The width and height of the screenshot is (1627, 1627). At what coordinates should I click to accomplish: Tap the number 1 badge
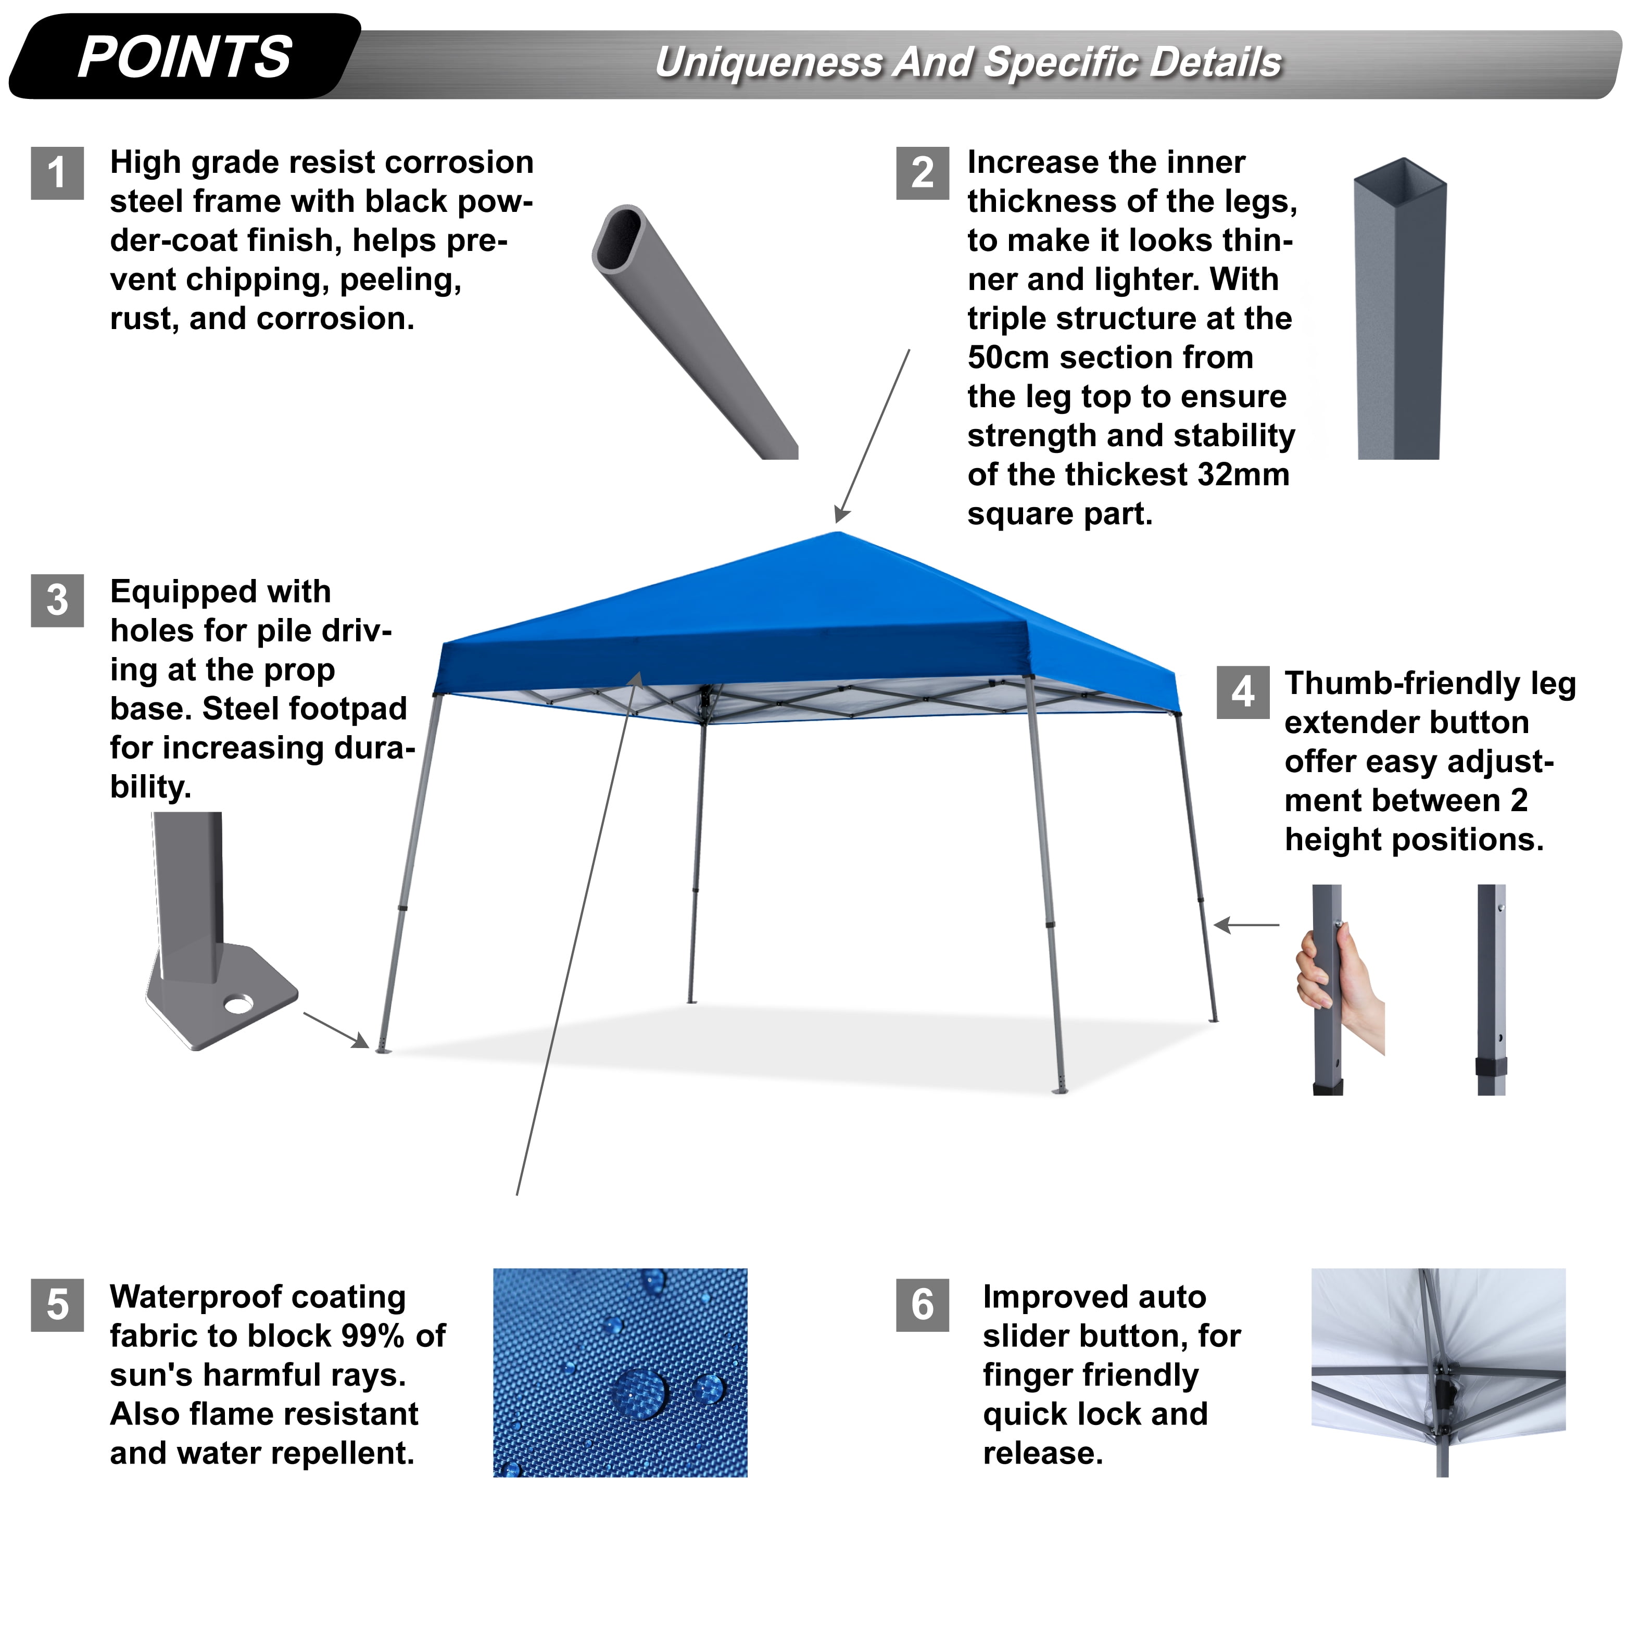pos(57,173)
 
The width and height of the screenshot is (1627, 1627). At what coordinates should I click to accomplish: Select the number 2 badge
pos(923,173)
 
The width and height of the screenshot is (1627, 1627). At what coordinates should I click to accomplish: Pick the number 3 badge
pos(57,600)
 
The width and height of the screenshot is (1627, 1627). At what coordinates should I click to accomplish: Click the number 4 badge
pos(1243,692)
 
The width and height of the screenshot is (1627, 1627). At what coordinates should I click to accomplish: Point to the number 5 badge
pos(57,1305)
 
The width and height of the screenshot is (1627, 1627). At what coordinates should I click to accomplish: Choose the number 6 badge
pos(923,1305)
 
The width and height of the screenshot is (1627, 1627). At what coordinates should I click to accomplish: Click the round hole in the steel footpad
pos(238,1004)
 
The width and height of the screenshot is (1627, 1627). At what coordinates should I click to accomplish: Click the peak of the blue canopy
pos(838,532)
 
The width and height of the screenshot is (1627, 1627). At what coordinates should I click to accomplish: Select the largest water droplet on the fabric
pos(639,1394)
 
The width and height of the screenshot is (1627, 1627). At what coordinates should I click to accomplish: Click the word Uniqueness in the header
pos(767,63)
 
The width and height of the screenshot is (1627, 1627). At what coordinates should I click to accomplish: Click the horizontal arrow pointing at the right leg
pos(1246,926)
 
